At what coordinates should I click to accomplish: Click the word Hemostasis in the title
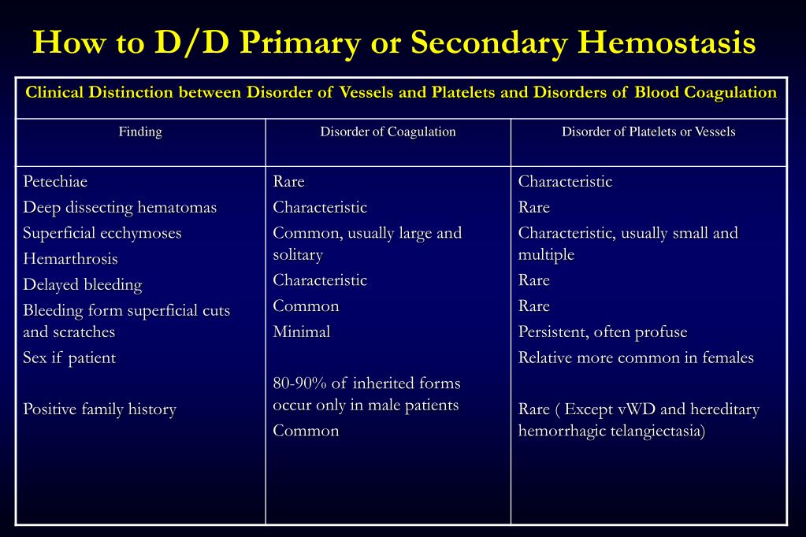click(666, 43)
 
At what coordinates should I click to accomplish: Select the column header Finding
click(140, 131)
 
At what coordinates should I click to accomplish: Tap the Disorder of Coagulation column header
click(388, 131)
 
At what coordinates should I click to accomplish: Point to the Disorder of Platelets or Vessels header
click(648, 131)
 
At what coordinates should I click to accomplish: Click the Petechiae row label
click(55, 182)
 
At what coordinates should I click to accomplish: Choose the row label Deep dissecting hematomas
click(120, 208)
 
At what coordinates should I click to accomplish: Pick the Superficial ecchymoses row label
click(102, 233)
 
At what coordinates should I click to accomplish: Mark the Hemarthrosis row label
click(70, 259)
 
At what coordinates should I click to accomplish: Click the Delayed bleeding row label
click(83, 285)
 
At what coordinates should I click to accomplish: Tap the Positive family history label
click(99, 409)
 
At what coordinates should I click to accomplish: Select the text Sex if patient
click(69, 358)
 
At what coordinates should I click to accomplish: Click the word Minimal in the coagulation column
click(302, 332)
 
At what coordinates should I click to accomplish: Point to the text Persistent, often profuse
click(603, 332)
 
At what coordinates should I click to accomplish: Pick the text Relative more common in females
click(636, 358)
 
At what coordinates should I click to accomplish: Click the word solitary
click(298, 255)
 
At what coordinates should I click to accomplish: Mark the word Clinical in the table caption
click(54, 92)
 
